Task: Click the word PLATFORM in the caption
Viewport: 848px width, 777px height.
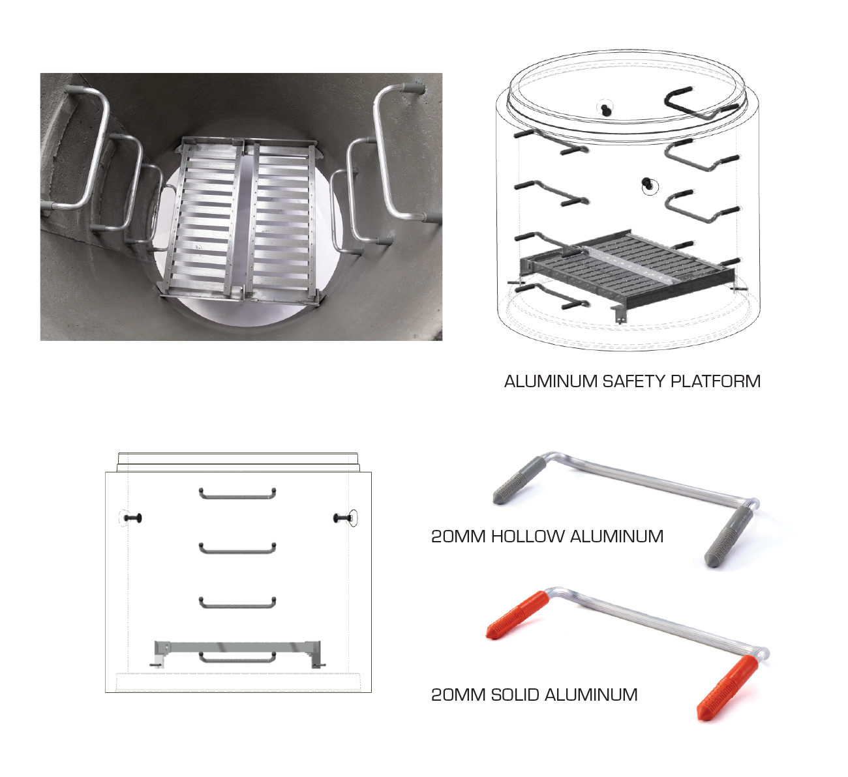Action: coord(716,381)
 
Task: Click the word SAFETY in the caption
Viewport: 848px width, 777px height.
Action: coord(633,381)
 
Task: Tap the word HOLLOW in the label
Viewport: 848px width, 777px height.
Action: coord(528,536)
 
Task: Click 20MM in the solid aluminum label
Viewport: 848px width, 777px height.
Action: coord(458,695)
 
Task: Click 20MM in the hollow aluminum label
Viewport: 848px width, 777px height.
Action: coord(458,536)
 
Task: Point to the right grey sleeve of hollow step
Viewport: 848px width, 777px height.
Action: coord(729,536)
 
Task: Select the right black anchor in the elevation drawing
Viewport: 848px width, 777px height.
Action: coord(343,518)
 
